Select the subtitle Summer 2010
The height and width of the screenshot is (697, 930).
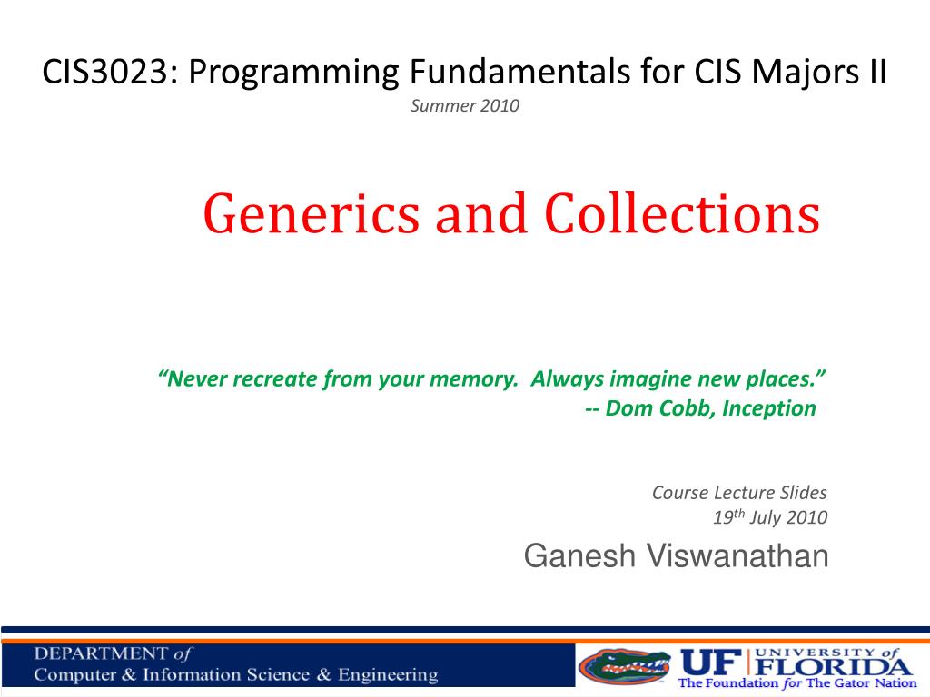[464, 106]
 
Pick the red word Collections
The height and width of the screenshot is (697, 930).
[682, 213]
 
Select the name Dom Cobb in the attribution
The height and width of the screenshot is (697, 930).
[659, 408]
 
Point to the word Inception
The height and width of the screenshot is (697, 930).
[769, 408]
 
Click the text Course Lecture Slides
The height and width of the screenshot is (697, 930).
[739, 493]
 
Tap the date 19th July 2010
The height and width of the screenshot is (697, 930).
[770, 517]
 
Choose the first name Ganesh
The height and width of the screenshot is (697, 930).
[579, 556]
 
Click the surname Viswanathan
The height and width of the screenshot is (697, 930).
[737, 556]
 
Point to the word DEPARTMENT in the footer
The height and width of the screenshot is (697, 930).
[101, 653]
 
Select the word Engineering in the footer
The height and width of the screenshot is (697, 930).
[388, 675]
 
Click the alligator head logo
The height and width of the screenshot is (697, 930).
[625, 665]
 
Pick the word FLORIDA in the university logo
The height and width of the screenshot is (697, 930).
[835, 666]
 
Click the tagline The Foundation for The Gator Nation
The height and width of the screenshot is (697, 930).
[797, 682]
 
